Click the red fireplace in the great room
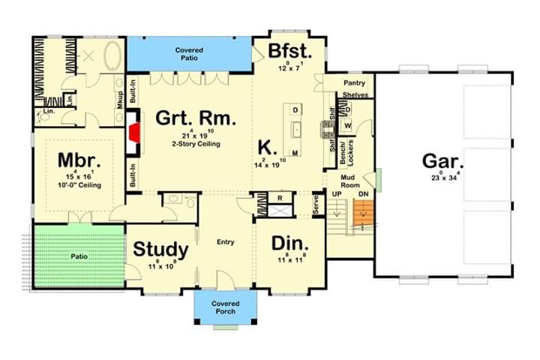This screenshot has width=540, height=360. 135,132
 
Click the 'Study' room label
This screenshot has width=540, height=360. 160,249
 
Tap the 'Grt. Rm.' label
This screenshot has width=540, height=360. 195,118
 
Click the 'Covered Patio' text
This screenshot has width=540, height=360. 189,55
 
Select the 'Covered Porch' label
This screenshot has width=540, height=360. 226,307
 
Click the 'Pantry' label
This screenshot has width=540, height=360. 353,82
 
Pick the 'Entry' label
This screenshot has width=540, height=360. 226,241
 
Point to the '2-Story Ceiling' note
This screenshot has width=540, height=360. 195,144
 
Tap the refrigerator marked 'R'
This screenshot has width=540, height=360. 279,199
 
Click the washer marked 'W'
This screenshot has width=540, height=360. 349,124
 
